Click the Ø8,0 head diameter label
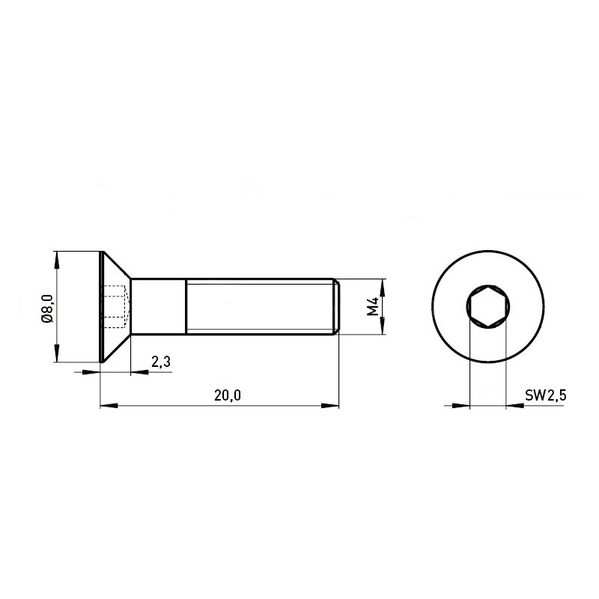48,308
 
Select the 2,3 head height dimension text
161,362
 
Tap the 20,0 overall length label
228,395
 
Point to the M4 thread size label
372,306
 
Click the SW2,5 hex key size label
546,395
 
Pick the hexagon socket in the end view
488,306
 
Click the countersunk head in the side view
115,307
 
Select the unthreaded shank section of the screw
159,307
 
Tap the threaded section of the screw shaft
259,307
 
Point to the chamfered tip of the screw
336,307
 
